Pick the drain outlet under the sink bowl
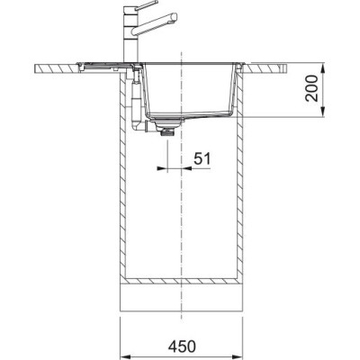(x=164, y=129)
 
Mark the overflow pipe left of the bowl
(x=133, y=99)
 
